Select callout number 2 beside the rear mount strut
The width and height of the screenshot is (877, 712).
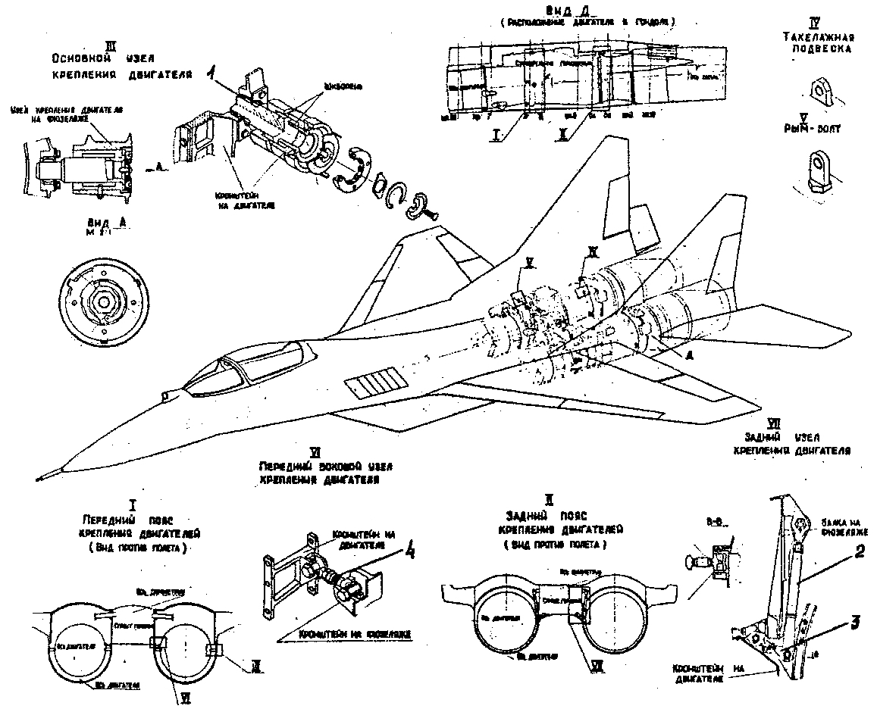858,552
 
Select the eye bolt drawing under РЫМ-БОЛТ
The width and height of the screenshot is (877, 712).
821,173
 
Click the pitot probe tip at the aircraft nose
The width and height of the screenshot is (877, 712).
39,477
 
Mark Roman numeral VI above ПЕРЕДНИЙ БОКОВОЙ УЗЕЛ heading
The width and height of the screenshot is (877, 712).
327,452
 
